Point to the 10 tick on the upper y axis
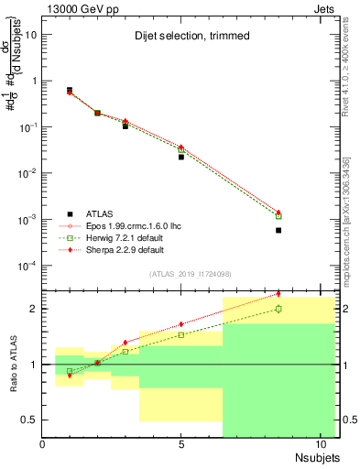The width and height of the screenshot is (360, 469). tap(30, 34)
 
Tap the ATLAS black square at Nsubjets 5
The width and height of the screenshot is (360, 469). tap(181, 157)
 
